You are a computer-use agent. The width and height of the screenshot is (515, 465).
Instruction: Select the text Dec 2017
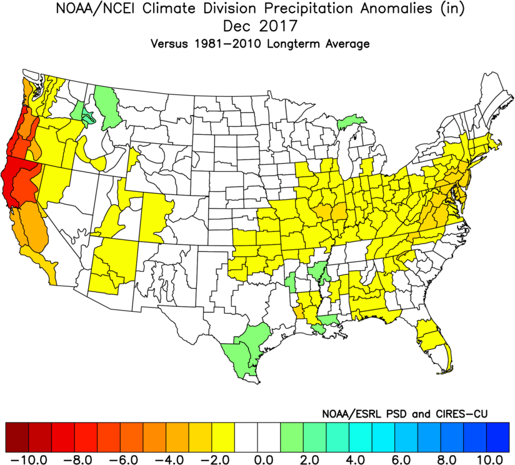click(257, 27)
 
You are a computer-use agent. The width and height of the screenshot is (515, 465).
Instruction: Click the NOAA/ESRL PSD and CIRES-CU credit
click(404, 414)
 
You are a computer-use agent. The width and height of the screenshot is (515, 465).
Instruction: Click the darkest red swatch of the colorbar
click(17, 437)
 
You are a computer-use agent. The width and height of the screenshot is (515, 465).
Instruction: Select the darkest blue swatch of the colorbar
click(498, 437)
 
